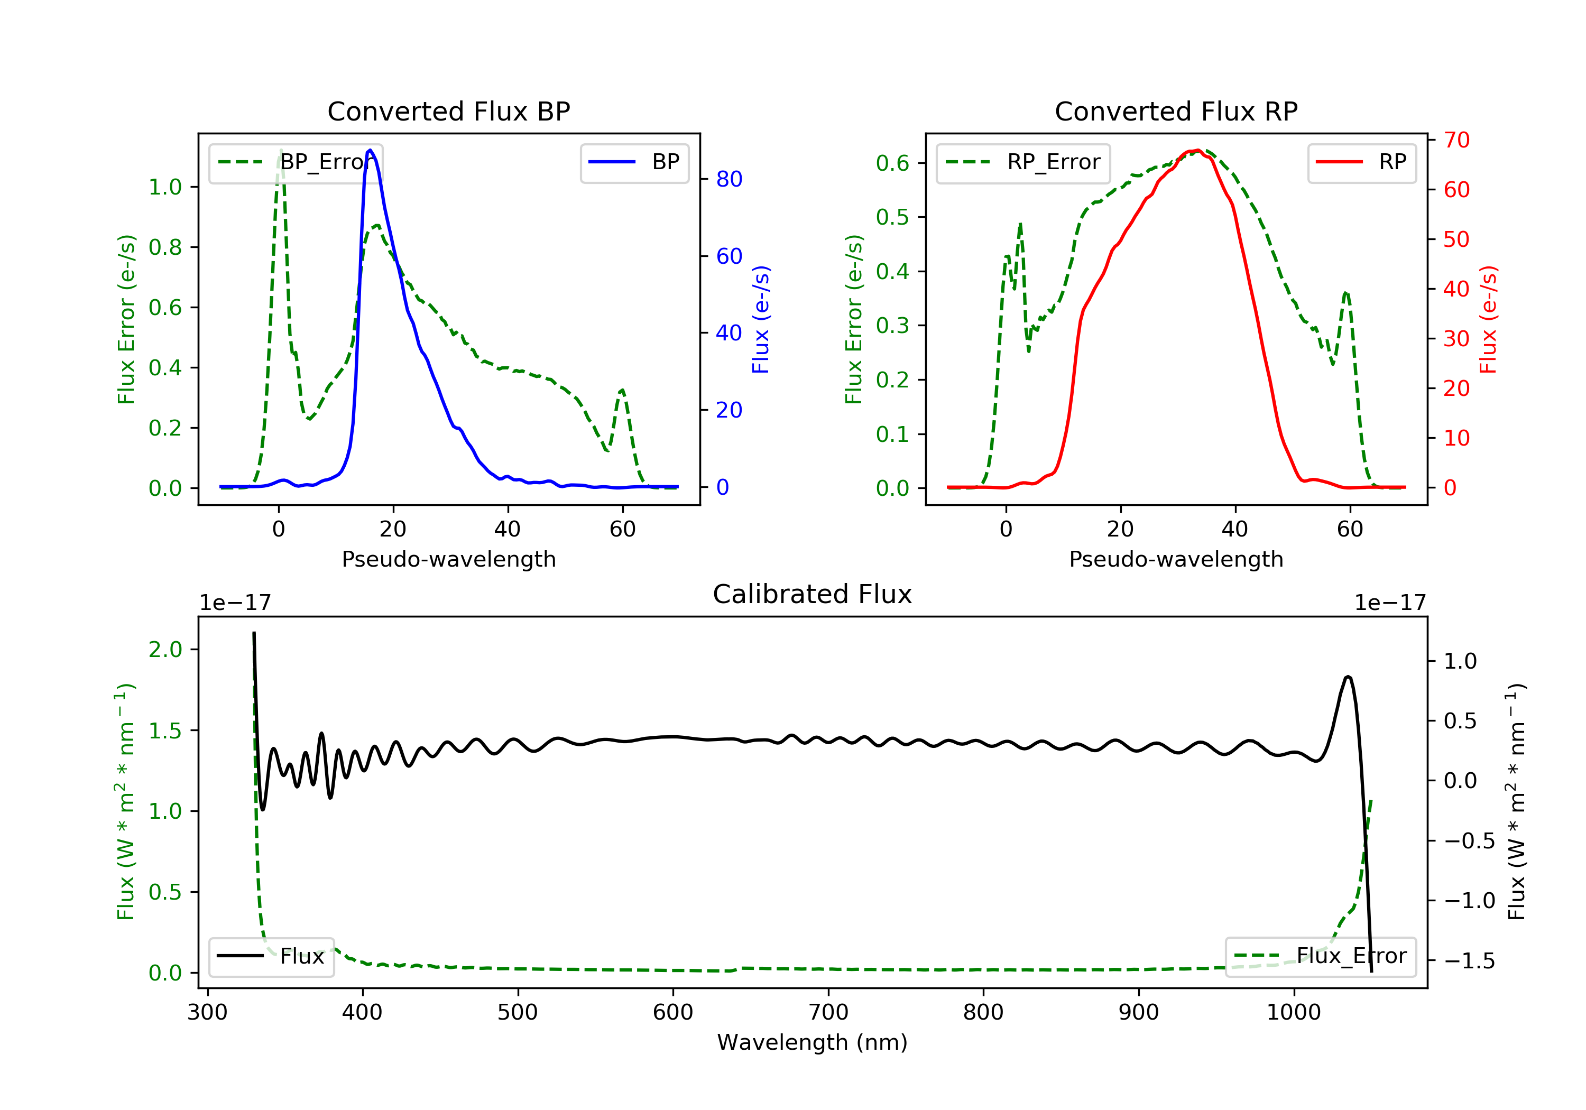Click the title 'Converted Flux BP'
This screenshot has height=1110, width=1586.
pyautogui.click(x=448, y=111)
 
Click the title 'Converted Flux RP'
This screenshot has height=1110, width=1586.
pyautogui.click(x=1176, y=111)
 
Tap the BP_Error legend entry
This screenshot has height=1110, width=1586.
pyautogui.click(x=296, y=162)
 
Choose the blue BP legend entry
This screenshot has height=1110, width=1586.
pyautogui.click(x=634, y=162)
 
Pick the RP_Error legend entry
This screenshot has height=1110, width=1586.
pyautogui.click(x=1022, y=162)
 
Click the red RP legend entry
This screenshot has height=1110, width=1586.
pyautogui.click(x=1361, y=162)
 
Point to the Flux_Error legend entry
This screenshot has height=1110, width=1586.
pyautogui.click(x=1320, y=956)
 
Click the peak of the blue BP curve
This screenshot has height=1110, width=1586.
pyautogui.click(x=370, y=150)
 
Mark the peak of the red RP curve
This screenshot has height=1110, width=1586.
pyautogui.click(x=1197, y=150)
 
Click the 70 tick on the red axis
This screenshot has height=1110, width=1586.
pyautogui.click(x=1456, y=140)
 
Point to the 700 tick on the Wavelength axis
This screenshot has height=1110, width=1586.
pyautogui.click(x=828, y=1013)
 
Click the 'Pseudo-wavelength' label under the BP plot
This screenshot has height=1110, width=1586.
pyautogui.click(x=448, y=559)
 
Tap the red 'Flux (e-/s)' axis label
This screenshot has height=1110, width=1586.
pyautogui.click(x=1488, y=319)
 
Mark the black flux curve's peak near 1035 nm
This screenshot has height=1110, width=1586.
pyautogui.click(x=1348, y=677)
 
